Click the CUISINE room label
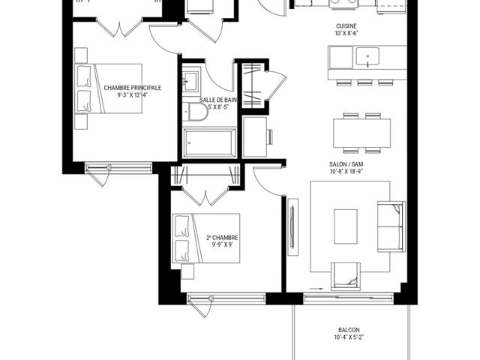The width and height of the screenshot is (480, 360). [x=346, y=26]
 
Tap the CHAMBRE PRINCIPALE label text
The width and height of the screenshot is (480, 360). [x=132, y=88]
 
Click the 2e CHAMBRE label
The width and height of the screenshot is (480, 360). [x=222, y=238]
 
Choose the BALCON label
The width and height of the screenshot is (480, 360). [x=349, y=330]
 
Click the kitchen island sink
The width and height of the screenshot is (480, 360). [x=367, y=57]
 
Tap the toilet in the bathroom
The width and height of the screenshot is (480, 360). [x=195, y=112]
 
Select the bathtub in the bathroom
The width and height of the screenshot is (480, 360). [x=210, y=142]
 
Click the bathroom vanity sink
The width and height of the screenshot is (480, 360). [x=190, y=81]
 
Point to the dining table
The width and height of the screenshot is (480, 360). [x=361, y=133]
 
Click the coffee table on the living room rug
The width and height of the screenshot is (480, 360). [x=346, y=226]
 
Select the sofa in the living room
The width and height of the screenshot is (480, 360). [x=391, y=226]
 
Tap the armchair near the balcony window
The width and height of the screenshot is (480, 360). [x=346, y=276]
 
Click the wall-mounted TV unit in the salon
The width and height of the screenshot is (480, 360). [x=293, y=226]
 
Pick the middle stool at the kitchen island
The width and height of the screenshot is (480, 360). [x=364, y=82]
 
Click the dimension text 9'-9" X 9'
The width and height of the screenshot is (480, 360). [x=222, y=245]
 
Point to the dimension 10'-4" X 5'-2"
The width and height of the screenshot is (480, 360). [x=349, y=337]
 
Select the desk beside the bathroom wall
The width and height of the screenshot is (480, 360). [x=255, y=136]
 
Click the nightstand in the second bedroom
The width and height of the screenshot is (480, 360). [x=187, y=271]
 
